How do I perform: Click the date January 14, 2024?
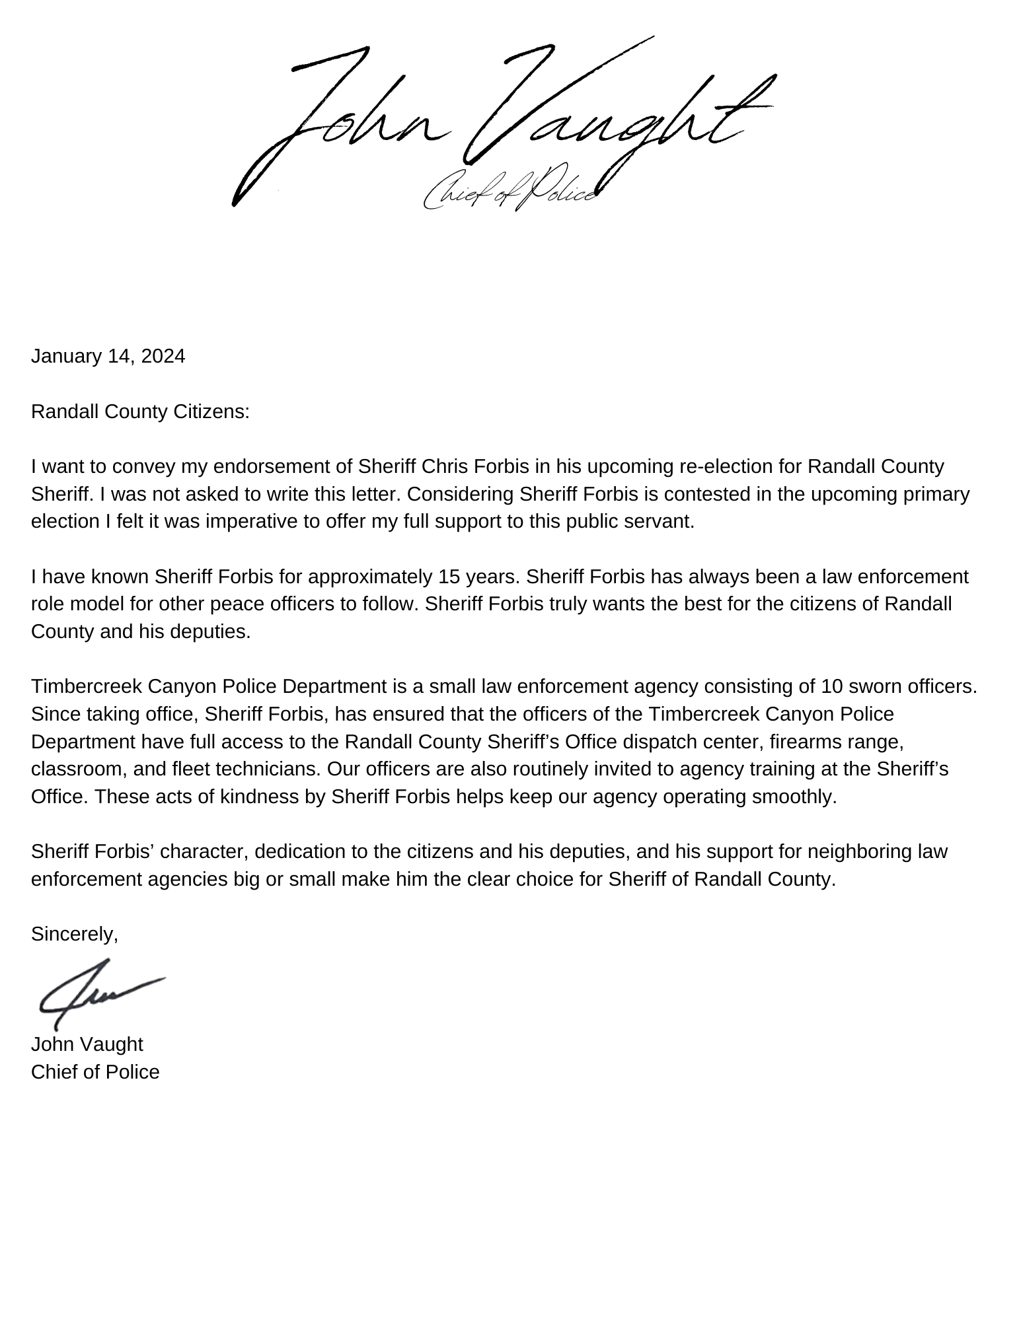tap(108, 357)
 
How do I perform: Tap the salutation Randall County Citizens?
tap(140, 412)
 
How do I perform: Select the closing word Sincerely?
tap(74, 934)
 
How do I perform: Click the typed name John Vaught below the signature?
tap(87, 1044)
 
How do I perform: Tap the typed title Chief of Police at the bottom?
tap(95, 1072)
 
